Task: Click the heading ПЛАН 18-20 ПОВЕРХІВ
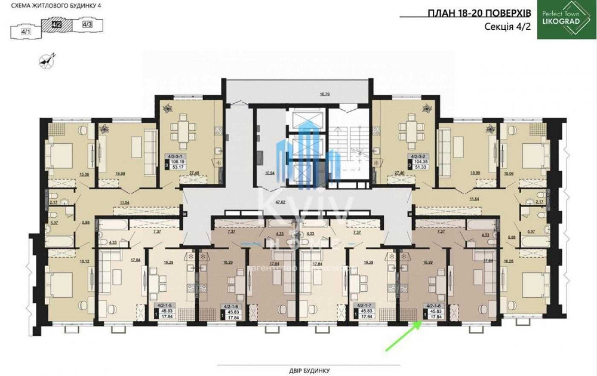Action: (x=477, y=14)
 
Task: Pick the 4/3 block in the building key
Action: (x=87, y=24)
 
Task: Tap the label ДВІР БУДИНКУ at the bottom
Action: (x=299, y=371)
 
